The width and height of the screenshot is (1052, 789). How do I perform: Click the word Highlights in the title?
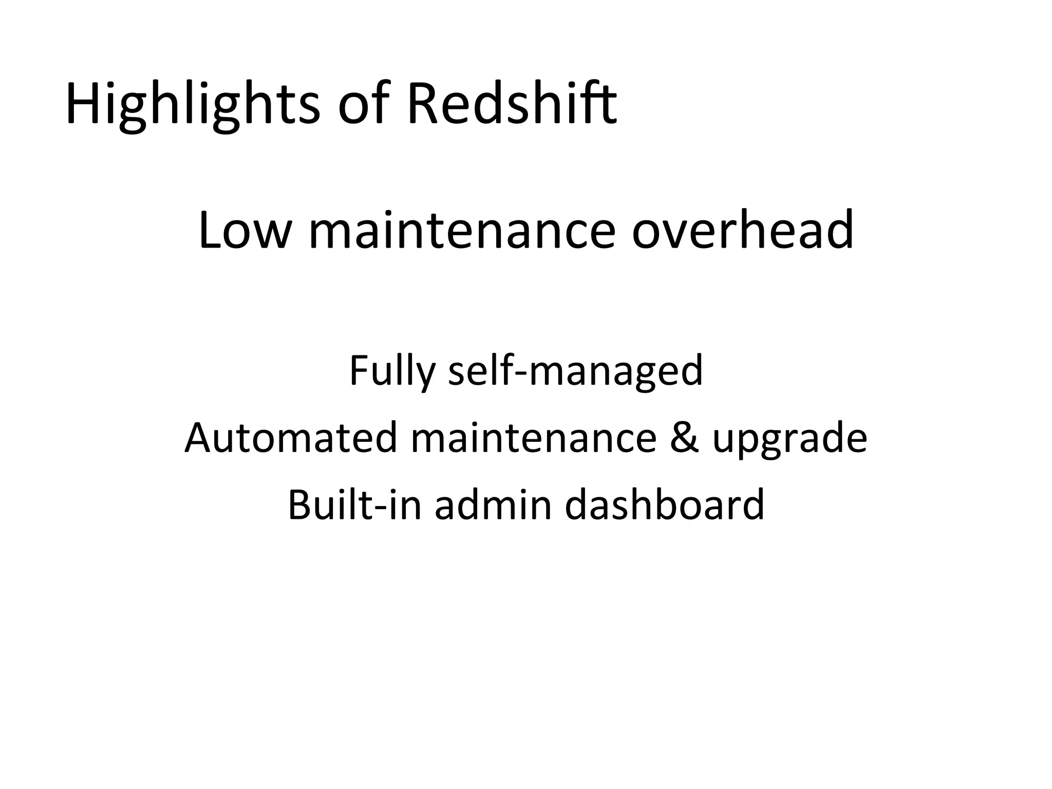(193, 105)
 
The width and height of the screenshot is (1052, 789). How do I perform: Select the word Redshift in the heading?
(512, 105)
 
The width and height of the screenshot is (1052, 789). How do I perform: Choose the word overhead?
(742, 231)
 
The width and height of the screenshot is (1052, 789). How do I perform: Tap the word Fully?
(392, 371)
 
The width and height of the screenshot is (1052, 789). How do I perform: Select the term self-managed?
(575, 371)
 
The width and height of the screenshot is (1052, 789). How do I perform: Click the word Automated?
(291, 438)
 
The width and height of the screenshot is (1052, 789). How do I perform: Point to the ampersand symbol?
(684, 438)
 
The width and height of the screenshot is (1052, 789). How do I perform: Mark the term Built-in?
(354, 504)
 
